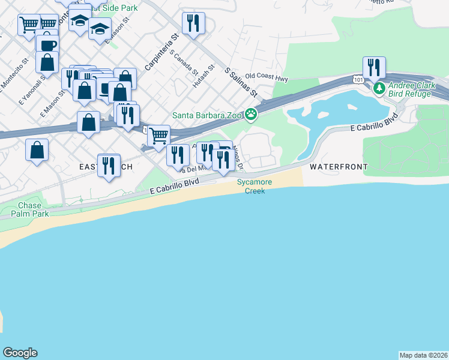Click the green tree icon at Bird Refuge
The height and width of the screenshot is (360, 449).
coord(379,89)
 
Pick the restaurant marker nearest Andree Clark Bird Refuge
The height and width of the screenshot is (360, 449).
coord(374,67)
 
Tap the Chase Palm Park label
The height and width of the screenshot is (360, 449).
coord(29,209)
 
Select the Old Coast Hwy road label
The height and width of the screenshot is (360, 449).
coord(267,78)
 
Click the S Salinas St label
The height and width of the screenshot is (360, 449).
coord(241,83)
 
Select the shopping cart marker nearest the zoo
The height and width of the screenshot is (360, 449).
coord(158,135)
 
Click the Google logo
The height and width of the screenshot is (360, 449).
coord(20,353)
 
